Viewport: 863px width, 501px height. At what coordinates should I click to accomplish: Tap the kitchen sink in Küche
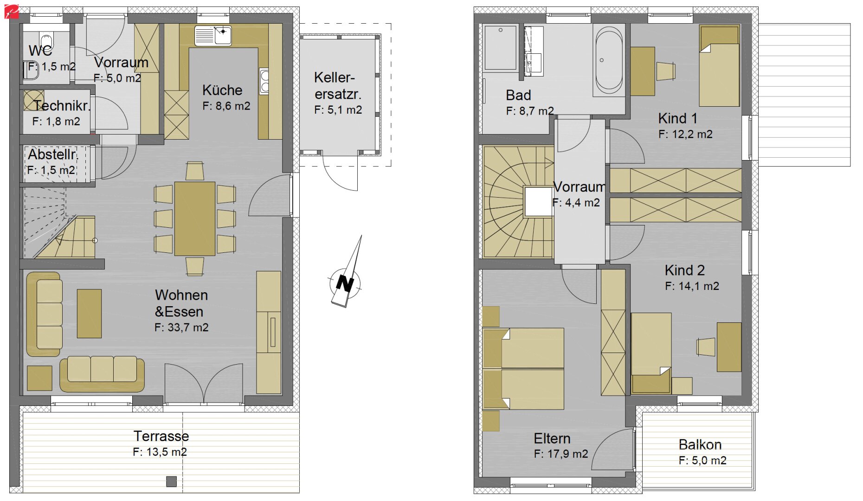(x=213, y=36)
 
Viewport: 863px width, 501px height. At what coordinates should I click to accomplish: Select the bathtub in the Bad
(x=609, y=60)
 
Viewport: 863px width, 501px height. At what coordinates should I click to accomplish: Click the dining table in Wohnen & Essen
(x=195, y=218)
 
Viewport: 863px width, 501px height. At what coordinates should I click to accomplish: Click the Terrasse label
(x=161, y=436)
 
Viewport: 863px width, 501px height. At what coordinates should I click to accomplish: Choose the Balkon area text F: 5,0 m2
(x=702, y=461)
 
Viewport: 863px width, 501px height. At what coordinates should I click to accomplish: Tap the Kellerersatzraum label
(x=337, y=86)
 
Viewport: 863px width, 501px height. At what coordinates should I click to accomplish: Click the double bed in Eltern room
(x=523, y=369)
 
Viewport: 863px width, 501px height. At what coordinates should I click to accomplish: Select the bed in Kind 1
(x=719, y=66)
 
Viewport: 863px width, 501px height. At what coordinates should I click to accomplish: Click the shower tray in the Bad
(x=500, y=48)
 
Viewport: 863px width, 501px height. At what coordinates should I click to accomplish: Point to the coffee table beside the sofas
(x=89, y=314)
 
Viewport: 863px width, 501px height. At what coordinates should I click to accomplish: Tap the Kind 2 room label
(x=684, y=270)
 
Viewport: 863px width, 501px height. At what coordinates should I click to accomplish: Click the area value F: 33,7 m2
(x=181, y=328)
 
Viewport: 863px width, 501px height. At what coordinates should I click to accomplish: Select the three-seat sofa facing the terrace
(x=102, y=374)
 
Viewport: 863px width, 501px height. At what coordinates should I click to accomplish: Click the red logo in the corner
(x=12, y=12)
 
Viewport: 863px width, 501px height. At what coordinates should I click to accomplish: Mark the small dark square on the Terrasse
(x=172, y=482)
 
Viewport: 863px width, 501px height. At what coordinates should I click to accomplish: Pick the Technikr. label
(x=62, y=106)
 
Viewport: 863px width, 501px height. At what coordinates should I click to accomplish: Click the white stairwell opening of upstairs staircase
(x=538, y=201)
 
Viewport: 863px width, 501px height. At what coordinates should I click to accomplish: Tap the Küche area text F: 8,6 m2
(x=226, y=106)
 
